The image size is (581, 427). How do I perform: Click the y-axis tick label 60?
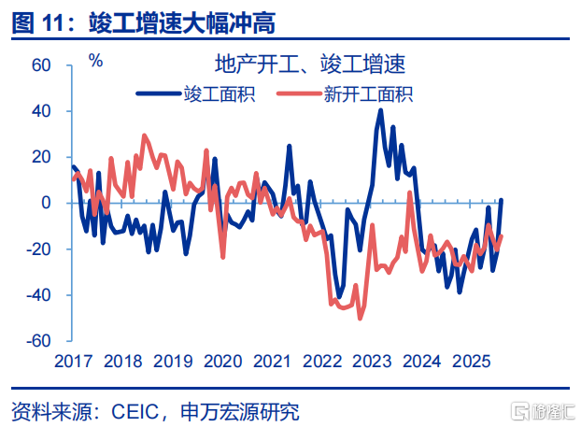tap(40, 65)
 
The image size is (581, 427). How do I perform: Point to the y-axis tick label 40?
tap(40, 111)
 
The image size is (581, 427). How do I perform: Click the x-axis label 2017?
tap(72, 362)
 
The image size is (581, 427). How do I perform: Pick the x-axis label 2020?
tap(223, 362)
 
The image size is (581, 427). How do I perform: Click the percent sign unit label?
tap(95, 61)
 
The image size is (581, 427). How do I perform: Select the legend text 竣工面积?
tap(220, 93)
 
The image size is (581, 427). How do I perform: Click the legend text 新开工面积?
tap(370, 93)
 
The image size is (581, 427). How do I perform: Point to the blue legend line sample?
tap(160, 93)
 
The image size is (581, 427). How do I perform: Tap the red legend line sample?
tap(301, 93)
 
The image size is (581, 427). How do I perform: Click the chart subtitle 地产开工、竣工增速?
tap(309, 65)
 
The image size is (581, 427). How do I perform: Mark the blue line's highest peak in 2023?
tap(380, 110)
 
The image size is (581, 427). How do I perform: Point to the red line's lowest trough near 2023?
tap(360, 319)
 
